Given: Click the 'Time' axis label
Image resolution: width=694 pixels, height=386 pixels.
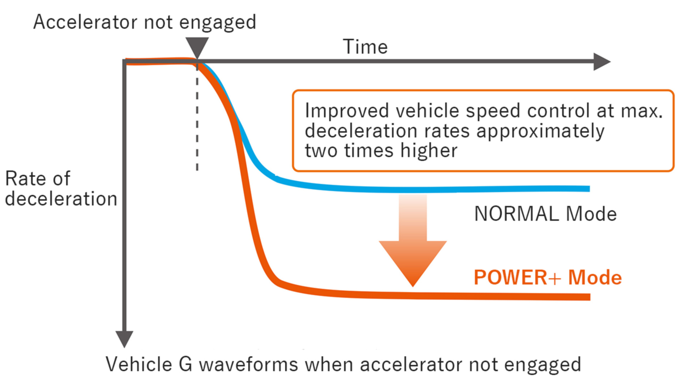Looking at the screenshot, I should click(x=365, y=47).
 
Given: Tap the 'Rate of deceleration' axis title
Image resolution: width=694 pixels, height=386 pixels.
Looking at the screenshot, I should click(x=61, y=189).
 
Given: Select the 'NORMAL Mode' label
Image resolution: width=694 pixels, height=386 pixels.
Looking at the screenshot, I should click(x=545, y=214).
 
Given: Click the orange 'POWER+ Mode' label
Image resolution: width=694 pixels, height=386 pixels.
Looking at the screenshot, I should click(x=547, y=278).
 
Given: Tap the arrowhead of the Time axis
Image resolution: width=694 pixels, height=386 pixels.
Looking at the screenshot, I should click(x=601, y=62).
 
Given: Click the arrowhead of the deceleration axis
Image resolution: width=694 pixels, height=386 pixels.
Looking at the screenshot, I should click(x=124, y=339).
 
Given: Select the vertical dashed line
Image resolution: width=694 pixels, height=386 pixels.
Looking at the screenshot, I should click(x=197, y=119).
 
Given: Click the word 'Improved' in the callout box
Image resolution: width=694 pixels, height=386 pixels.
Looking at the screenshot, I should click(x=347, y=111).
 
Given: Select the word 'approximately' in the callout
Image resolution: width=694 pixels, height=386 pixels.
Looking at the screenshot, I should click(x=540, y=132).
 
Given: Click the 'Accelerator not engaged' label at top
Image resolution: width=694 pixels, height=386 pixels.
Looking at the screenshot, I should click(x=145, y=22).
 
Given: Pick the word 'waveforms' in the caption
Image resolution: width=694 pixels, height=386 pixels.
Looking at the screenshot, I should click(x=248, y=364).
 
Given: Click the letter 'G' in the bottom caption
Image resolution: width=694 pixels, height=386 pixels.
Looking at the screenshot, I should click(x=185, y=364).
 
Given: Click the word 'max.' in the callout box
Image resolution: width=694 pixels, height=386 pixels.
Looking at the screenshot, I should click(x=642, y=111).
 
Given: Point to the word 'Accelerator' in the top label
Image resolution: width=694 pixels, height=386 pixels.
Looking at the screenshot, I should click(x=85, y=22).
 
